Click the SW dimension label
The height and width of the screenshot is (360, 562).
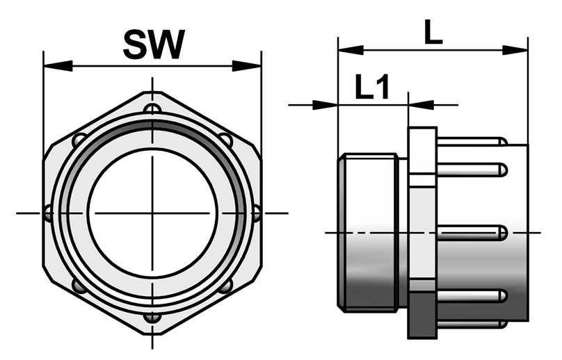click(x=154, y=44)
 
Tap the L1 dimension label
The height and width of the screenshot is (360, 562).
click(x=372, y=87)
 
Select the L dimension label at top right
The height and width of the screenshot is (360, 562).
click(x=433, y=32)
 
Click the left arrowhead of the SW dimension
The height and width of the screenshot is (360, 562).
click(x=58, y=66)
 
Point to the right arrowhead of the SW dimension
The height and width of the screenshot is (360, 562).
click(x=247, y=66)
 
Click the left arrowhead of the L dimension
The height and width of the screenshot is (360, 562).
click(x=351, y=50)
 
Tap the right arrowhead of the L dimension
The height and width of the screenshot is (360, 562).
click(x=515, y=50)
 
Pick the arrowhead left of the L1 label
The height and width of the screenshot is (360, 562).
click(x=325, y=105)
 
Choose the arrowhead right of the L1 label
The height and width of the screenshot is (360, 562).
click(x=421, y=105)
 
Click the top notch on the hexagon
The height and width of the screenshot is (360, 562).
click(x=152, y=108)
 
